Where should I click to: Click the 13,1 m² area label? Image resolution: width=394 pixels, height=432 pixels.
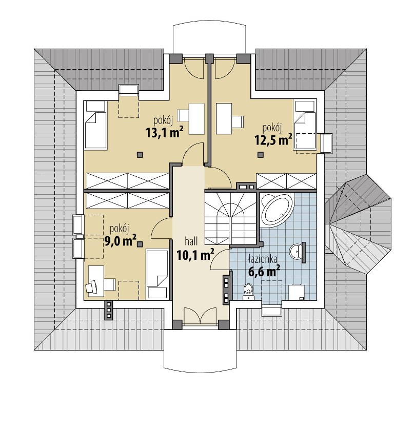pos(165,132)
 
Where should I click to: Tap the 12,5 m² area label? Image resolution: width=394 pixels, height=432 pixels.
pos(273,139)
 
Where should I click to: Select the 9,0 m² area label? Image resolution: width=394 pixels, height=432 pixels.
pos(120,240)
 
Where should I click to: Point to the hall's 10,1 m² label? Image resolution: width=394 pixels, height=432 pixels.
pos(195,254)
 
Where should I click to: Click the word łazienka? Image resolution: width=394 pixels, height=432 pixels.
pos(263,259)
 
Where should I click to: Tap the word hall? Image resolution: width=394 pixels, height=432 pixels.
pos(191,241)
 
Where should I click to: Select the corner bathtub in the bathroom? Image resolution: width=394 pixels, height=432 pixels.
pos(278,210)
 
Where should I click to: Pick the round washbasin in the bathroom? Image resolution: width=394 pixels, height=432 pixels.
pos(296,251)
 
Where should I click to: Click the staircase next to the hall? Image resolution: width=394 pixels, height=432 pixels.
pos(231,218)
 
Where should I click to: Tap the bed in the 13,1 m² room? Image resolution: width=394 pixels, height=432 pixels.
pos(95,125)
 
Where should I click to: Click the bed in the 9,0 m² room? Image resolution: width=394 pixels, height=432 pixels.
pos(157,274)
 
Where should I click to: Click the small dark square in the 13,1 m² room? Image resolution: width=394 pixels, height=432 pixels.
pos(140,155)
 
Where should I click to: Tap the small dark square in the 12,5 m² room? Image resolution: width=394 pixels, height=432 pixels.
pos(260,155)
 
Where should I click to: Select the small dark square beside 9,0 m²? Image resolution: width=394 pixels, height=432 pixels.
pos(140,244)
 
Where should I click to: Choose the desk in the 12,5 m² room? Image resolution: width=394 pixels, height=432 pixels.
pos(224,118)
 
